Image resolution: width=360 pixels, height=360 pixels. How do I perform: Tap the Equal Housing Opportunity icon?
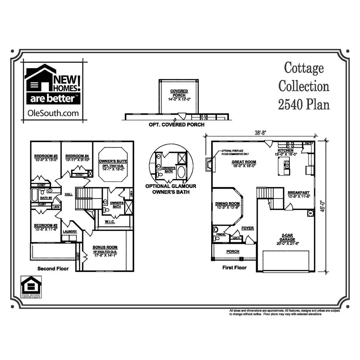[31, 287]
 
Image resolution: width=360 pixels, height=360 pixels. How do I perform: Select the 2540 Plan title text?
[304, 104]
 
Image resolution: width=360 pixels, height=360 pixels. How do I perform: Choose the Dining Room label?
[227, 204]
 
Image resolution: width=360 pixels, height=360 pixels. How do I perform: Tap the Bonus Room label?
[105, 247]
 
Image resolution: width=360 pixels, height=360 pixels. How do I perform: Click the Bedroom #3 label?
[46, 156]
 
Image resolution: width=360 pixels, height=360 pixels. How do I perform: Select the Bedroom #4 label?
[77, 156]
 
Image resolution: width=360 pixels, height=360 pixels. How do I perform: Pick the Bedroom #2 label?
[45, 225]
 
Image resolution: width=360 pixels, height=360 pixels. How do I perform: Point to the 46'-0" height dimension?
[332, 206]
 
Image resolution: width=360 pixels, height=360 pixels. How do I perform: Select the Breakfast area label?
[298, 191]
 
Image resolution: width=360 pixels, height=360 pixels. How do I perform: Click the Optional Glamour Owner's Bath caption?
[171, 189]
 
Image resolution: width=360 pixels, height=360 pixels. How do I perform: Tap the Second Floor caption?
[53, 268]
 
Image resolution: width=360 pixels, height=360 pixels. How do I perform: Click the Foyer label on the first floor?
[247, 228]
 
